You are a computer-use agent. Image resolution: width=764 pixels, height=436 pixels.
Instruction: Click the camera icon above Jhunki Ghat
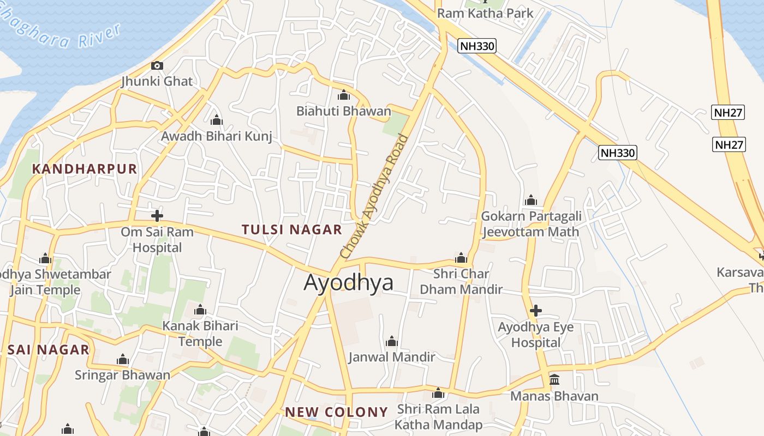click(157, 66)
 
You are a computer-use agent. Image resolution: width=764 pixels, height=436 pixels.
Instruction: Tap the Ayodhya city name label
click(348, 282)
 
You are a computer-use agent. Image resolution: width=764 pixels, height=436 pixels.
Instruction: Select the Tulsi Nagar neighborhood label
click(292, 229)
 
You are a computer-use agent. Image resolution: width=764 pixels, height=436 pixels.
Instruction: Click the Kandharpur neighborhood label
click(85, 169)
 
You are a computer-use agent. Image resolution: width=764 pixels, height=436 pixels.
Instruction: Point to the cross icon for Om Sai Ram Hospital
click(157, 216)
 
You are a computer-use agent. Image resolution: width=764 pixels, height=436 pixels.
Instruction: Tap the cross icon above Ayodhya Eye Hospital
click(536, 311)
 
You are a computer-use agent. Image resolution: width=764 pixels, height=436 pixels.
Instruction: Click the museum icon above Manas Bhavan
click(554, 379)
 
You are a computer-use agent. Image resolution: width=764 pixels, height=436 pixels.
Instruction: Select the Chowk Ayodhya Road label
click(374, 196)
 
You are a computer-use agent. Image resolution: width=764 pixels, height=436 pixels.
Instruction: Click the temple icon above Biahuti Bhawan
click(344, 95)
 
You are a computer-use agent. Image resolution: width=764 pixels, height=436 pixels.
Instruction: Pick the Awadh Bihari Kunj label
click(217, 136)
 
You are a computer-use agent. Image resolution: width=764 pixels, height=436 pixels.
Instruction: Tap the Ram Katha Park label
click(485, 13)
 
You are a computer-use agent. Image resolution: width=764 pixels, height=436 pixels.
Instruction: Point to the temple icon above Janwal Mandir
click(392, 342)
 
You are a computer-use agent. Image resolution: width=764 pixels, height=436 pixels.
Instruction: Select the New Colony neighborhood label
click(336, 412)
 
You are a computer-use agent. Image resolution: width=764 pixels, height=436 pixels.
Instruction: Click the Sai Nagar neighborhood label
click(48, 350)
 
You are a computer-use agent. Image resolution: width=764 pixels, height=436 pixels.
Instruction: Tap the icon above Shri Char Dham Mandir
click(461, 258)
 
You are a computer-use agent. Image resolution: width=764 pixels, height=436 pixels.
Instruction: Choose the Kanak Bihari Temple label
click(200, 334)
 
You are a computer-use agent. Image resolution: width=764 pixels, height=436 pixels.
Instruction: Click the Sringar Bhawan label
click(122, 375)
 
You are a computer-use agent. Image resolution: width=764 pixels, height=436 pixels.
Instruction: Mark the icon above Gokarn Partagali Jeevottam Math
click(531, 201)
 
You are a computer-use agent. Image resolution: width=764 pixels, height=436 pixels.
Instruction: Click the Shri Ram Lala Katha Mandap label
click(439, 417)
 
